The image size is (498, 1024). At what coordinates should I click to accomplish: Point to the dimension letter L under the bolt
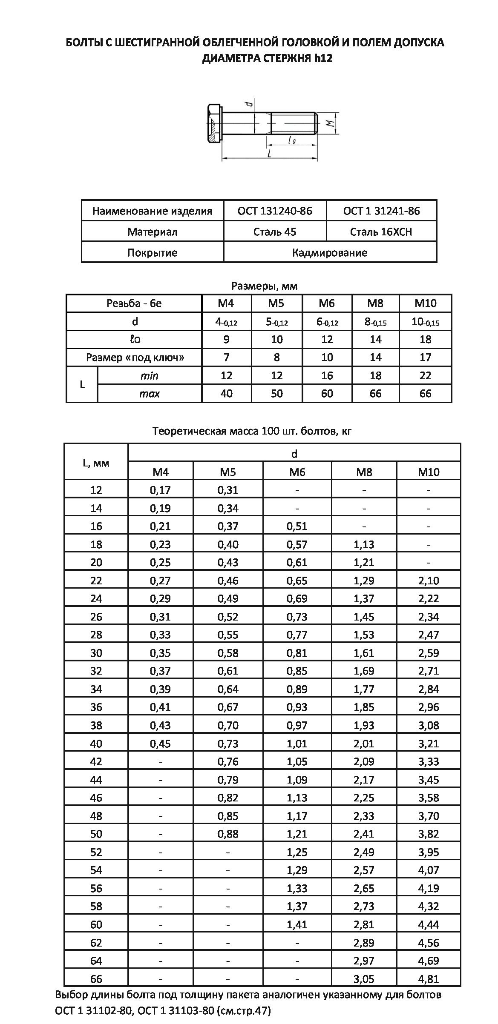(x=270, y=154)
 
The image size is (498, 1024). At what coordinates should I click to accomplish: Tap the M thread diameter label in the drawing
(x=329, y=124)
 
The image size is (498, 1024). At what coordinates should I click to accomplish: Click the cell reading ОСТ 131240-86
(x=275, y=211)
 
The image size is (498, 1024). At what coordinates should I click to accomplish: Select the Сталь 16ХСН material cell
(x=381, y=232)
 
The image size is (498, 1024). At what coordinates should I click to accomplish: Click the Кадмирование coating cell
(x=329, y=252)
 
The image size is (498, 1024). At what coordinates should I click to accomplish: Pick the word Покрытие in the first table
(x=152, y=252)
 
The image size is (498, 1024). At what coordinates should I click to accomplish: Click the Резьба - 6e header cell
(x=134, y=303)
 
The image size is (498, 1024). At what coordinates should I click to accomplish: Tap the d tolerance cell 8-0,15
(x=375, y=322)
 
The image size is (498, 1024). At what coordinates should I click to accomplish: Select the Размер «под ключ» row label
(x=135, y=358)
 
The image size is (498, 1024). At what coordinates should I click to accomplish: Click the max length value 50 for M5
(x=276, y=394)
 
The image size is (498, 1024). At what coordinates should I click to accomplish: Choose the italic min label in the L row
(x=149, y=376)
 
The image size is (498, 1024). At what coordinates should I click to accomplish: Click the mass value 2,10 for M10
(x=428, y=581)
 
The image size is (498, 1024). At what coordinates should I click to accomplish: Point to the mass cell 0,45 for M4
(x=160, y=744)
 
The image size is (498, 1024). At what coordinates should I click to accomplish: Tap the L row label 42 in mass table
(x=96, y=761)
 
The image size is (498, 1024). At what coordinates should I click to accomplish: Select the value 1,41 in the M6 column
(x=297, y=924)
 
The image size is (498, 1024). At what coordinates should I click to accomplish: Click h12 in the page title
(x=323, y=58)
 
